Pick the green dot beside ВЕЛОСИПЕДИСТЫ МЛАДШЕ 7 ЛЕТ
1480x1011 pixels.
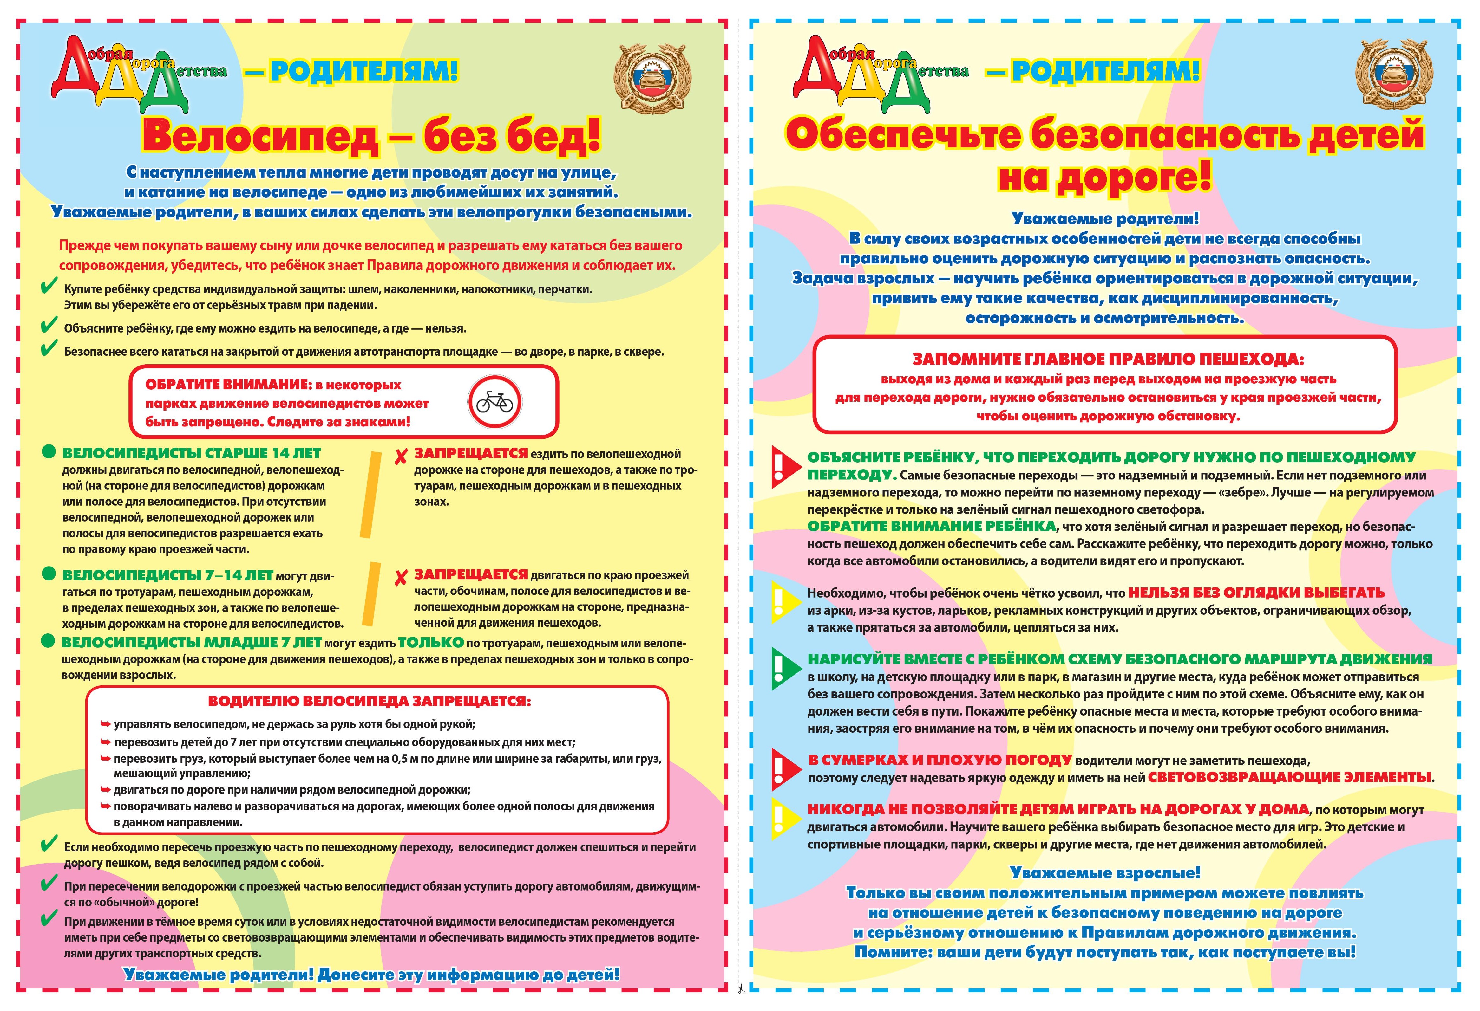(49, 641)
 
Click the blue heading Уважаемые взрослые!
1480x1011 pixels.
(1105, 873)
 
